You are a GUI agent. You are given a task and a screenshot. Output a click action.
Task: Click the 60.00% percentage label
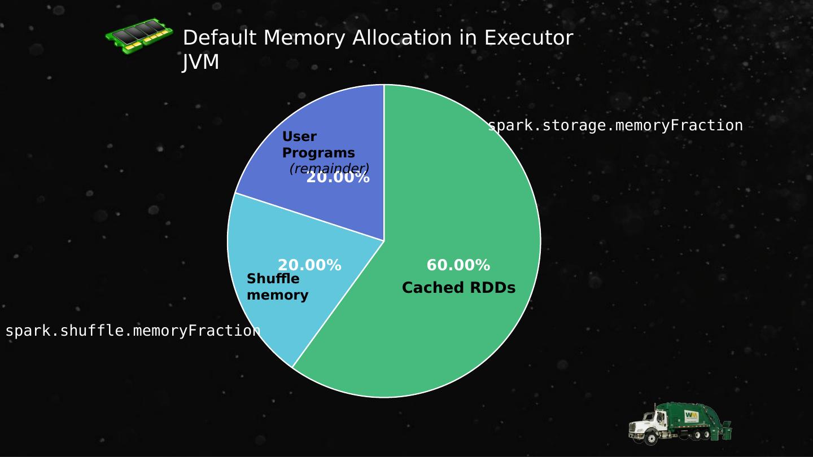coord(458,265)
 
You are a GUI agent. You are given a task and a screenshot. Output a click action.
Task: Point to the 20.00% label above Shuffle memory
coord(309,265)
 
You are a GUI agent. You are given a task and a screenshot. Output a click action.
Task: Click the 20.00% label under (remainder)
coord(338,178)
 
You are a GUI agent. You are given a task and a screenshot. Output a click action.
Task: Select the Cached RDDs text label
coord(458,288)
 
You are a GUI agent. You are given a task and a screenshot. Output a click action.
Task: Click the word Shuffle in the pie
coord(273,279)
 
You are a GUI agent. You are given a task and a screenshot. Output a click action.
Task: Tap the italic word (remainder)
coord(329,168)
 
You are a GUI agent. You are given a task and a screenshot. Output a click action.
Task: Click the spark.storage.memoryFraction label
coord(615,126)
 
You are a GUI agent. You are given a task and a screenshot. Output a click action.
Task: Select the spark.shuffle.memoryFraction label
coord(133,331)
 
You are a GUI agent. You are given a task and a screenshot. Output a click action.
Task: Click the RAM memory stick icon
coord(139,36)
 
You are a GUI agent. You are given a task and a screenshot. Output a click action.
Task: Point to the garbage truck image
coord(680,423)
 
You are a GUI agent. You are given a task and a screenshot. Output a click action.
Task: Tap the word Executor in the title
coord(528,38)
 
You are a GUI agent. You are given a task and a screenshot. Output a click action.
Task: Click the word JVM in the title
coord(200,62)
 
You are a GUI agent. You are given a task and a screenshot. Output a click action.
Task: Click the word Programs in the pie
coord(318,153)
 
